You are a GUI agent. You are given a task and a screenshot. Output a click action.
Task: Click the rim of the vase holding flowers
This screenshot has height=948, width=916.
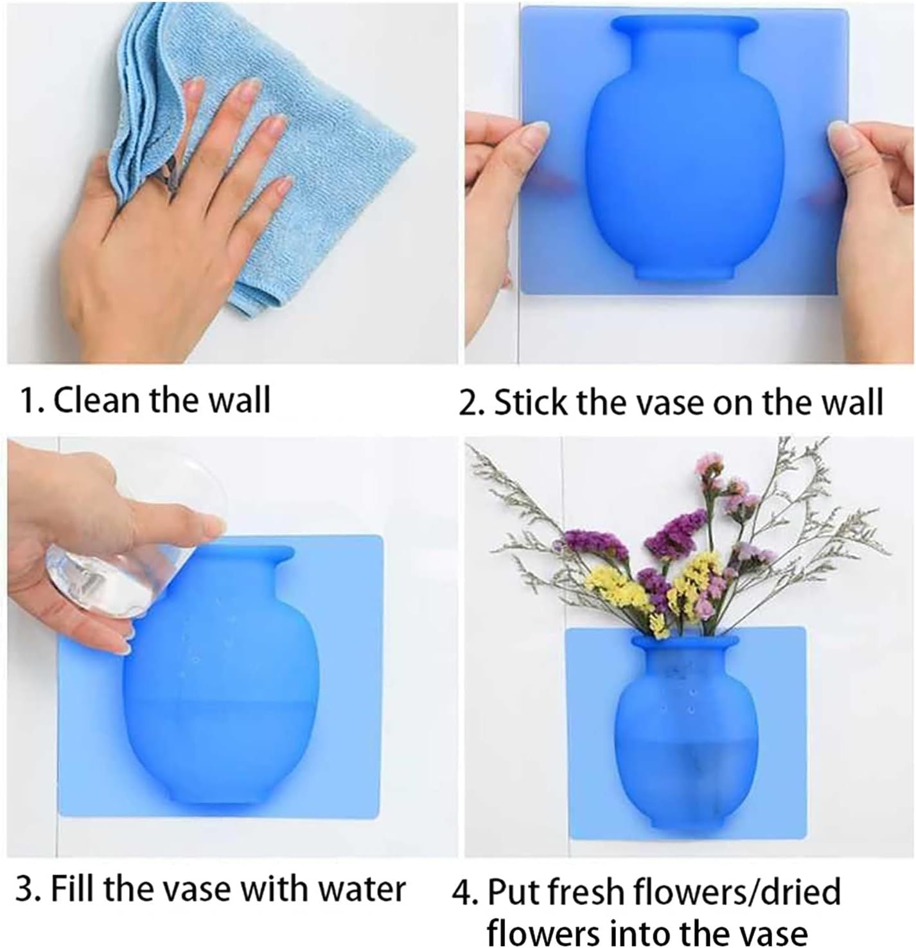click(685, 641)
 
